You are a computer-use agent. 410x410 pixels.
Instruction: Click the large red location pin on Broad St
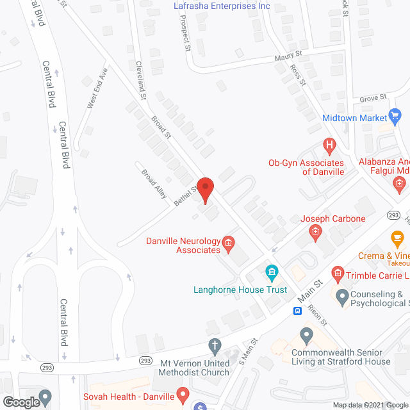pyautogui.click(x=205, y=190)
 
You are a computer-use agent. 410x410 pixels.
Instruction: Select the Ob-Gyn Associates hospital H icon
pyautogui.click(x=330, y=147)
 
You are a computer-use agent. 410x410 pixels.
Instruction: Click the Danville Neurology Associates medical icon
pyautogui.click(x=227, y=243)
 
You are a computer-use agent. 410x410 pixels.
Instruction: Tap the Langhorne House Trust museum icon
pyautogui.click(x=272, y=274)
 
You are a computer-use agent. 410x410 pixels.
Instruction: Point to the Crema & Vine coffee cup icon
pyautogui.click(x=397, y=238)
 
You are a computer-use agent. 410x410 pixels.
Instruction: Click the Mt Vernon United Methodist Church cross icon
pyautogui.click(x=215, y=347)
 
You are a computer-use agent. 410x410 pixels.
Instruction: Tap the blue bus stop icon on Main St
pyautogui.click(x=298, y=311)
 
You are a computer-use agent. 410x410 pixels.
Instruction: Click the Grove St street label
pyautogui.click(x=373, y=97)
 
